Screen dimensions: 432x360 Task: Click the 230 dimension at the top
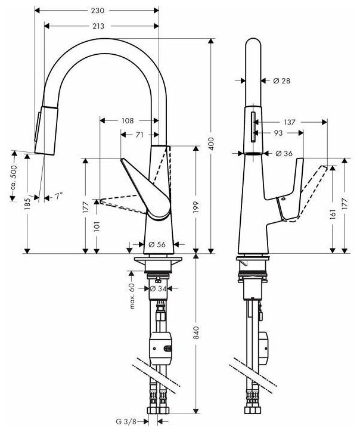98,10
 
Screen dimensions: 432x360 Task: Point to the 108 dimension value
128,120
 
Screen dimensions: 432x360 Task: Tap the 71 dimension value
139,135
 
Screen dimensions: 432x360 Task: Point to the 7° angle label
58,196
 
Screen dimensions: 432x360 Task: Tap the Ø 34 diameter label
156,289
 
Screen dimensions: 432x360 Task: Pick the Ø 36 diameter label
284,154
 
